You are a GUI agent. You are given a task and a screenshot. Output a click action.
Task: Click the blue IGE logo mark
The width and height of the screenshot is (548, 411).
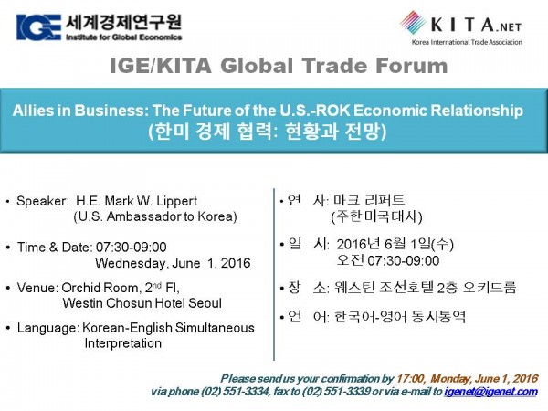click(38, 27)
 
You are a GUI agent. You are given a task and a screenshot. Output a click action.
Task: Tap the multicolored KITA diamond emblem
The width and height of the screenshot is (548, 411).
click(413, 22)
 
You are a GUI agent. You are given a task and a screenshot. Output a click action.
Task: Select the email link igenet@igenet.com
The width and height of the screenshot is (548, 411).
click(490, 392)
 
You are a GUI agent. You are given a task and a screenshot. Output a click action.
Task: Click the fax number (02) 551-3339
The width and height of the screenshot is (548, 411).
click(336, 392)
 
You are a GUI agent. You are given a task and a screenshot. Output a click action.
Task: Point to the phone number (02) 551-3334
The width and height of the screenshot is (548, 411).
click(236, 392)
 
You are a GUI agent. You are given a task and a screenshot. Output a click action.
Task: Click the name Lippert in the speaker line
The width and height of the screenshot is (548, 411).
click(177, 201)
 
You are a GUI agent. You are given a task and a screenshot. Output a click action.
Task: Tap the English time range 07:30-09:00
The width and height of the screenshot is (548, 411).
click(131, 248)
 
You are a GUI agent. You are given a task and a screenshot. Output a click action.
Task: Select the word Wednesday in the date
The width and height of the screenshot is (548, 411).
click(129, 263)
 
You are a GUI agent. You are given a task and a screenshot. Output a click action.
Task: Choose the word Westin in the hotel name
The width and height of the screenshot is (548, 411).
click(82, 303)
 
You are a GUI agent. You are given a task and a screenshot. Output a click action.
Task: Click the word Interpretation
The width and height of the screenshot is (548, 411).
click(123, 343)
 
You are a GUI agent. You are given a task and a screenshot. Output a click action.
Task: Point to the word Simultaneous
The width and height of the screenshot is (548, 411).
click(215, 328)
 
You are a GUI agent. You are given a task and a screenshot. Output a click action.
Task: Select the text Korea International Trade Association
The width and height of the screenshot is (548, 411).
click(467, 42)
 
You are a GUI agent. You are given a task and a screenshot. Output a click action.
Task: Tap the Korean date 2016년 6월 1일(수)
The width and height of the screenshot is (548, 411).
click(395, 244)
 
